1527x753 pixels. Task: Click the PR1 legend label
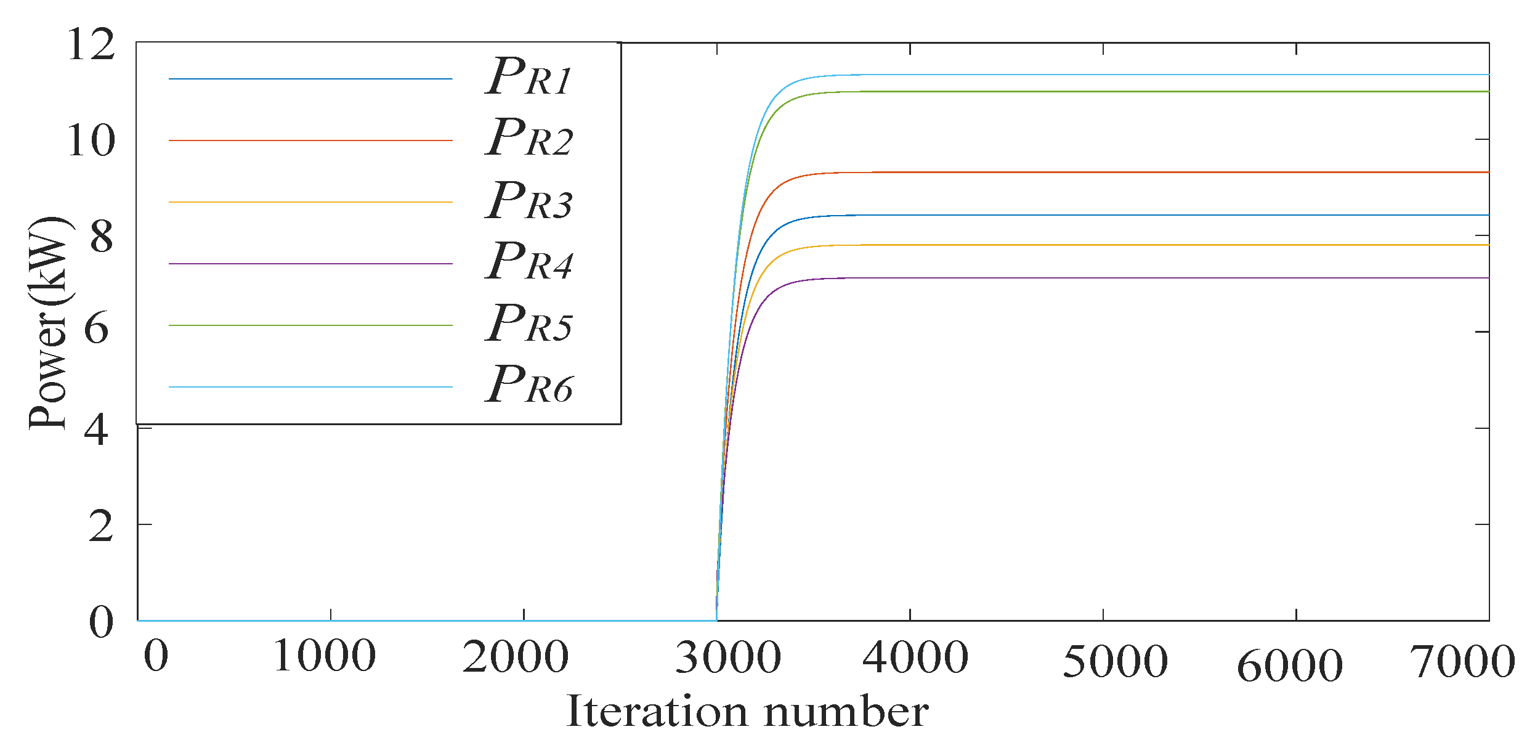pos(529,77)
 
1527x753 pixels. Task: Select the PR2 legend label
pos(529,138)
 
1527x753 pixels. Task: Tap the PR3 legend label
pos(529,201)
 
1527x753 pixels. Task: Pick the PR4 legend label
pos(529,262)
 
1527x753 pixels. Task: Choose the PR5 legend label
pos(529,324)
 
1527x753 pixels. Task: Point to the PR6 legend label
pos(529,385)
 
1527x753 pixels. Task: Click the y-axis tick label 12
pos(91,44)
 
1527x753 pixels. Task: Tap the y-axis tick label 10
pos(91,140)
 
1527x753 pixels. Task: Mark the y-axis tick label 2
pos(100,527)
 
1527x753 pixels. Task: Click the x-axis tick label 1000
pos(324,656)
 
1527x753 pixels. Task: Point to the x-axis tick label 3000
pos(728,657)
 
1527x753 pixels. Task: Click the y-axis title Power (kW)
pos(49,324)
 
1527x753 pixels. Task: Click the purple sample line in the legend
pos(310,264)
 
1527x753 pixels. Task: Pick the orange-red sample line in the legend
pos(310,140)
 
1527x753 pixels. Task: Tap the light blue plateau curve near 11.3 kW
pos(1170,75)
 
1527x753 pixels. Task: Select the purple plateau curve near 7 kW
pos(1170,278)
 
